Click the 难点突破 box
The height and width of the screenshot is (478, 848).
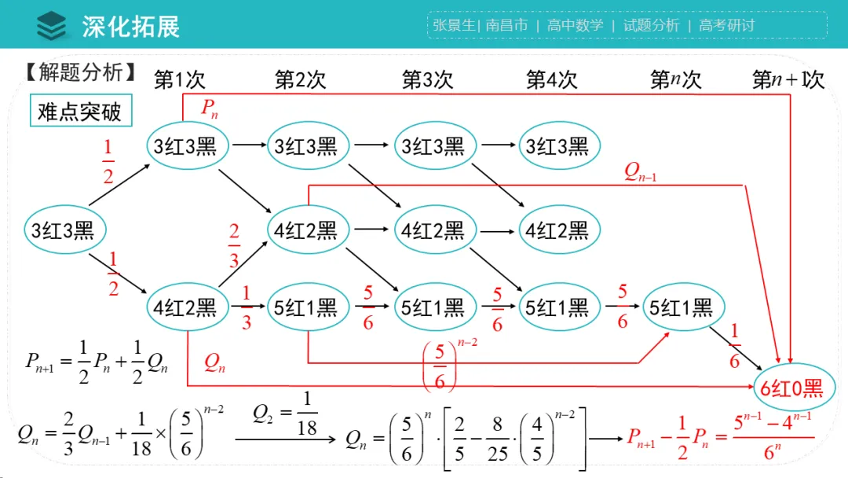(x=79, y=112)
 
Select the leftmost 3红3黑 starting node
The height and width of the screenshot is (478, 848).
(x=63, y=230)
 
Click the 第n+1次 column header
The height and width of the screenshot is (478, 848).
(x=788, y=80)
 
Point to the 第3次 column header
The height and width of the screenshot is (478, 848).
(x=427, y=80)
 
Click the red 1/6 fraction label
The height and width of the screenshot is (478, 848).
(x=734, y=346)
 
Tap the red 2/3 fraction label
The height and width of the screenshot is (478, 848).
(x=234, y=245)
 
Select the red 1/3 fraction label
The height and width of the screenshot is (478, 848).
(x=247, y=307)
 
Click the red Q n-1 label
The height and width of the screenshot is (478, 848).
(x=640, y=173)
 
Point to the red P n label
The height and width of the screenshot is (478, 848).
(x=210, y=108)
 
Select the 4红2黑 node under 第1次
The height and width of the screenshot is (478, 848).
(x=185, y=307)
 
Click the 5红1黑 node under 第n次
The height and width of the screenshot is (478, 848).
(x=681, y=307)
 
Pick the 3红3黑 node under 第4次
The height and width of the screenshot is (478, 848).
(x=557, y=145)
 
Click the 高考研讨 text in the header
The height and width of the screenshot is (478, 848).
(x=726, y=25)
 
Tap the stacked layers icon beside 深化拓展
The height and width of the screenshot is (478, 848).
(x=53, y=25)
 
